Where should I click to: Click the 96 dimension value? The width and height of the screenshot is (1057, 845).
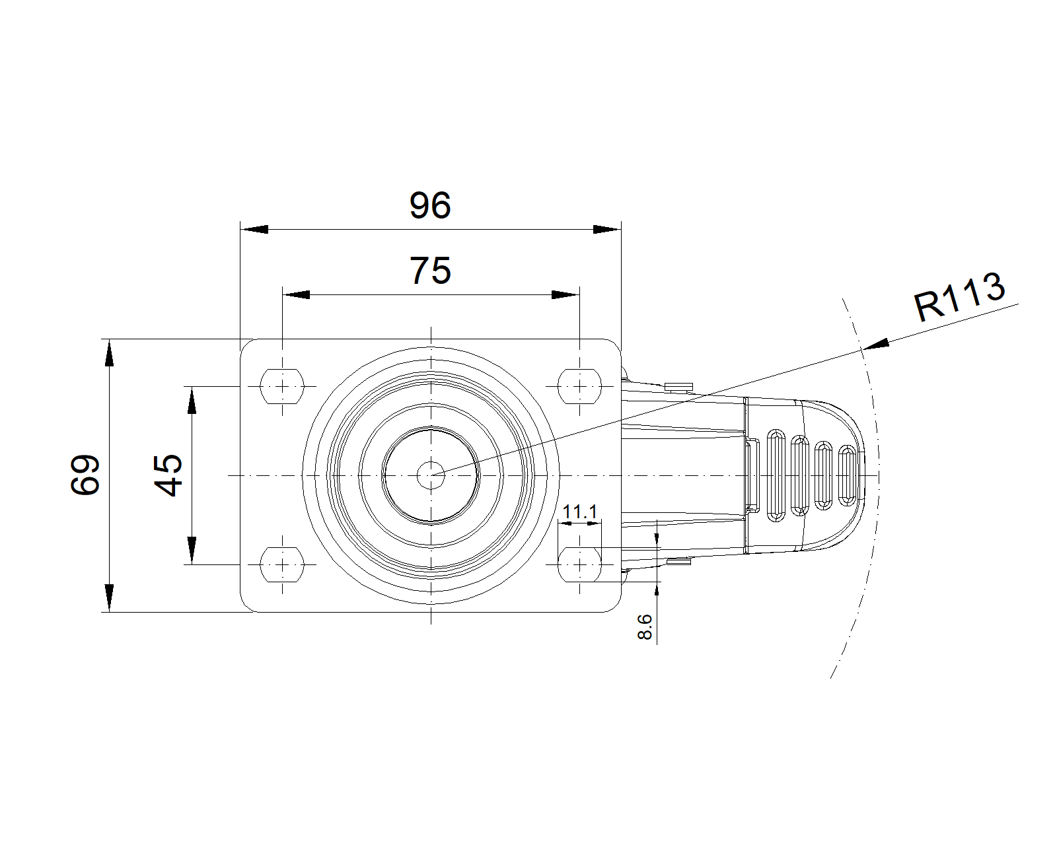(x=430, y=206)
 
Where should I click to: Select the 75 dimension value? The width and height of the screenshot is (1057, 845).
(x=430, y=271)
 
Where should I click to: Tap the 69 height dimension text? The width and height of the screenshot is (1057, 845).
(x=86, y=474)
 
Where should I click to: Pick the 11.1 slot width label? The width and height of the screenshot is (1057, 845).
(x=579, y=512)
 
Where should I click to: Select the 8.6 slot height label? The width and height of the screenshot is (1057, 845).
(x=645, y=626)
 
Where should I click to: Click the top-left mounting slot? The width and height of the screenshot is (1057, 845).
(x=283, y=386)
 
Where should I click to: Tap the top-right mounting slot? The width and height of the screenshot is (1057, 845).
(x=580, y=386)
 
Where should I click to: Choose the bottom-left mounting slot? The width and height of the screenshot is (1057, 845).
(x=283, y=564)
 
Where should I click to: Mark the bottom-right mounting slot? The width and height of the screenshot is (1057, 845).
(x=580, y=564)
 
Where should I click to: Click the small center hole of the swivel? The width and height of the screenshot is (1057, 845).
(x=431, y=474)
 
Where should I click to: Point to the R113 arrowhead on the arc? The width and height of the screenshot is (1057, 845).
(x=875, y=344)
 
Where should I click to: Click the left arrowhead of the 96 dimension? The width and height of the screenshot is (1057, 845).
(x=254, y=229)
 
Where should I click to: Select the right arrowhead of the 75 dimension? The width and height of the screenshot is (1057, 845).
(x=565, y=294)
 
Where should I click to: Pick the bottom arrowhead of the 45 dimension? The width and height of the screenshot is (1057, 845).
(x=192, y=551)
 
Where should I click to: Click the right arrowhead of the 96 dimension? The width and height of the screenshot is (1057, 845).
(x=606, y=229)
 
